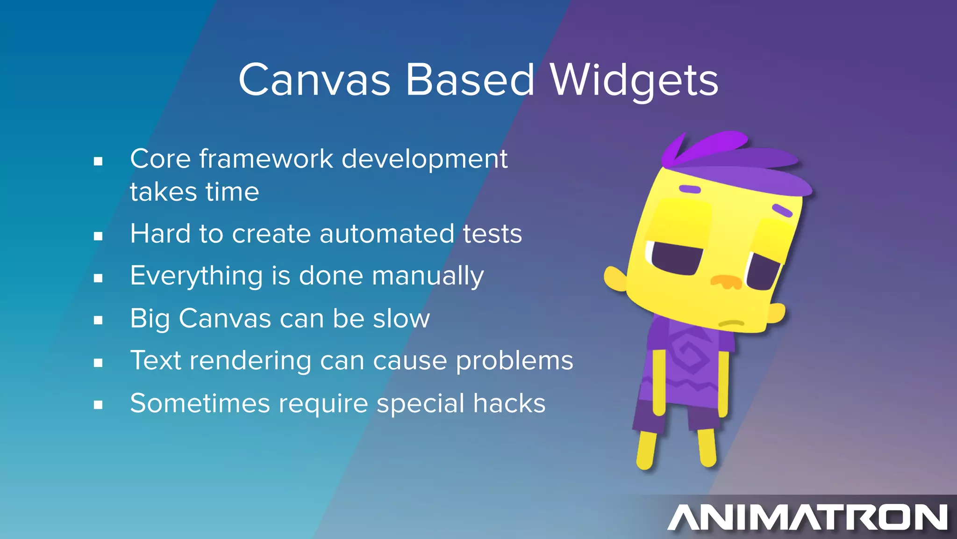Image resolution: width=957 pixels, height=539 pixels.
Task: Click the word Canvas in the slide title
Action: tap(314, 80)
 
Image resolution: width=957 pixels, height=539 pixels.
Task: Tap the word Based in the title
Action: tap(470, 80)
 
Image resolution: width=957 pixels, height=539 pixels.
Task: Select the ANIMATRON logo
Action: tap(807, 517)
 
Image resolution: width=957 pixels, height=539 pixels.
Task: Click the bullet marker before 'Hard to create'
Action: tap(98, 236)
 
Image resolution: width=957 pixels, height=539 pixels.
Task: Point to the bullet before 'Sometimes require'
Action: tap(98, 405)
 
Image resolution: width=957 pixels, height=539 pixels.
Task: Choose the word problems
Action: tap(514, 361)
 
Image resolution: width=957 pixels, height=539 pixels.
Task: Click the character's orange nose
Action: tap(726, 281)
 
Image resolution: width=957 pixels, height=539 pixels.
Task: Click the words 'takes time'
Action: tap(194, 192)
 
